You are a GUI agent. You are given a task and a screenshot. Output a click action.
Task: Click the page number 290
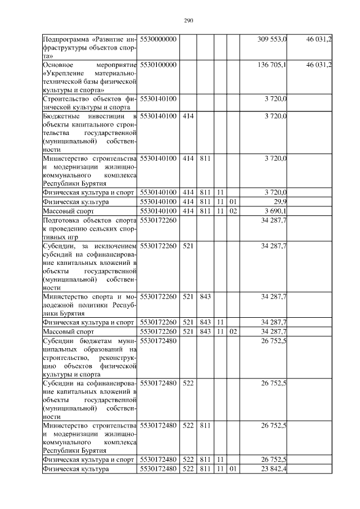coord(188,21)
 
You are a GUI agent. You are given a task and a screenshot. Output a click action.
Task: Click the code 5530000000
coord(159,39)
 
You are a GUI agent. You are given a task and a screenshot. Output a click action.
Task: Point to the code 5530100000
coord(159,65)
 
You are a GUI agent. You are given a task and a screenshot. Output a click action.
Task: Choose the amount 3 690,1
coord(275,211)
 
